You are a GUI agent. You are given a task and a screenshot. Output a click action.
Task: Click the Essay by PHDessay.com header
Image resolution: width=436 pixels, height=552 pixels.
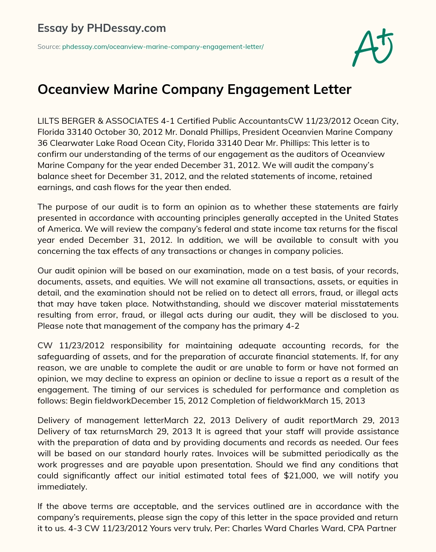[101, 28]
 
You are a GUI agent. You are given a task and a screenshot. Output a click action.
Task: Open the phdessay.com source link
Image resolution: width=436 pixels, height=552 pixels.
[163, 47]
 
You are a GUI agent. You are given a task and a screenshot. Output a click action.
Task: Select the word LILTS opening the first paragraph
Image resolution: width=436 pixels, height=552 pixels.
[48, 121]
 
